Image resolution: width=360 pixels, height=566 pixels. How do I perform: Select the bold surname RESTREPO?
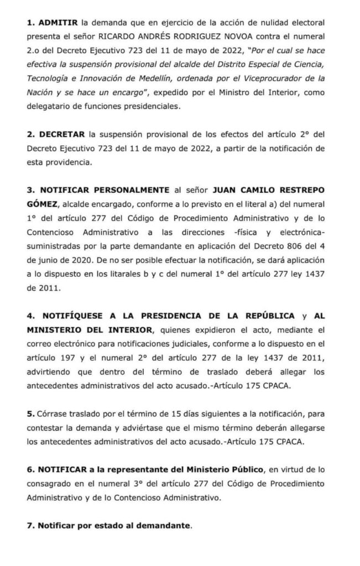pyautogui.click(x=302, y=191)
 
